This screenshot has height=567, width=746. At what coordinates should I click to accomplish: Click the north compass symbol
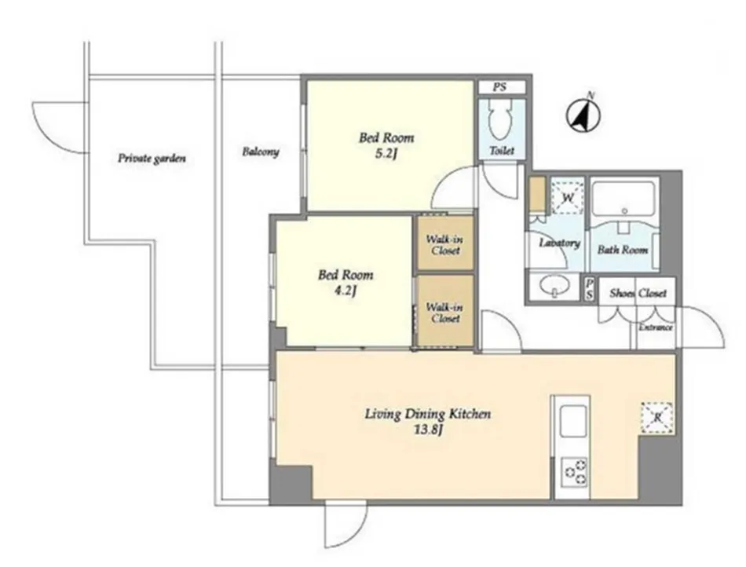(583, 115)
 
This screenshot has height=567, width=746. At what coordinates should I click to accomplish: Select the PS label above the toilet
(499, 87)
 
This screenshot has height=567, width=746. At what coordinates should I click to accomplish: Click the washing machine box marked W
(567, 196)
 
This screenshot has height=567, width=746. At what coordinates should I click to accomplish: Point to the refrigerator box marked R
(657, 418)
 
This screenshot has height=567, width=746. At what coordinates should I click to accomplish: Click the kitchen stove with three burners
(575, 472)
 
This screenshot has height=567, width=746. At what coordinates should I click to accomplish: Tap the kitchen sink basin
(572, 421)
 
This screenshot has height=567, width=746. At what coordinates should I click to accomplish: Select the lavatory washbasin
(554, 287)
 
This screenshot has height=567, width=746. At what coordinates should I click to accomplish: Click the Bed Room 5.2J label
(386, 145)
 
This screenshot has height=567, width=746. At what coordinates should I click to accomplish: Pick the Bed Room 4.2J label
(346, 282)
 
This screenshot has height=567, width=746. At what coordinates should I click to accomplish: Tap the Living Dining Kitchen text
(428, 414)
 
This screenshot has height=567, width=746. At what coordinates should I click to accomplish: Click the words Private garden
(152, 159)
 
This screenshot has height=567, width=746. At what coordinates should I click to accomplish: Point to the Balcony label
(260, 152)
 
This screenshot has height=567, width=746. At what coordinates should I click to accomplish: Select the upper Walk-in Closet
(445, 243)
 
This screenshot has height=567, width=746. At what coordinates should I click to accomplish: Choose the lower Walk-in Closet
(445, 311)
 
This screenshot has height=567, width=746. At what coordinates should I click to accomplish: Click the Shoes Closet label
(638, 293)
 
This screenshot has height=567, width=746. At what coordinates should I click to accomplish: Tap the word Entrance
(656, 327)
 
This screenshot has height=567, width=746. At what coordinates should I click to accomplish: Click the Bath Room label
(622, 249)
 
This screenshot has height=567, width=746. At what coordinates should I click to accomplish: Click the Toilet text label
(502, 151)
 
